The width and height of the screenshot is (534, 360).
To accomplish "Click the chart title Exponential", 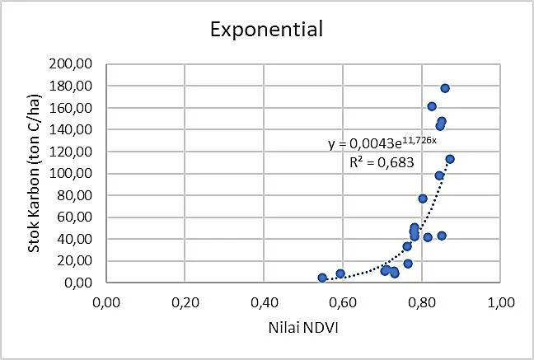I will tap(265, 30).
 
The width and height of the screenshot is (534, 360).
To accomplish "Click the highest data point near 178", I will tap(445, 88).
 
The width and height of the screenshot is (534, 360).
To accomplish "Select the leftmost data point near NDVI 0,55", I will tap(322, 278).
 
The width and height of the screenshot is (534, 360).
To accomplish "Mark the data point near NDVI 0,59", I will tap(340, 274).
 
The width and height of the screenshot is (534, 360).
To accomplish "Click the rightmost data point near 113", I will tap(450, 159).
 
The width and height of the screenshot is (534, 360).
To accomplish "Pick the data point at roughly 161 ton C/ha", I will tap(432, 106).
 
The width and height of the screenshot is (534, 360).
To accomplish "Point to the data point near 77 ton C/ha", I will tap(423, 199).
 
